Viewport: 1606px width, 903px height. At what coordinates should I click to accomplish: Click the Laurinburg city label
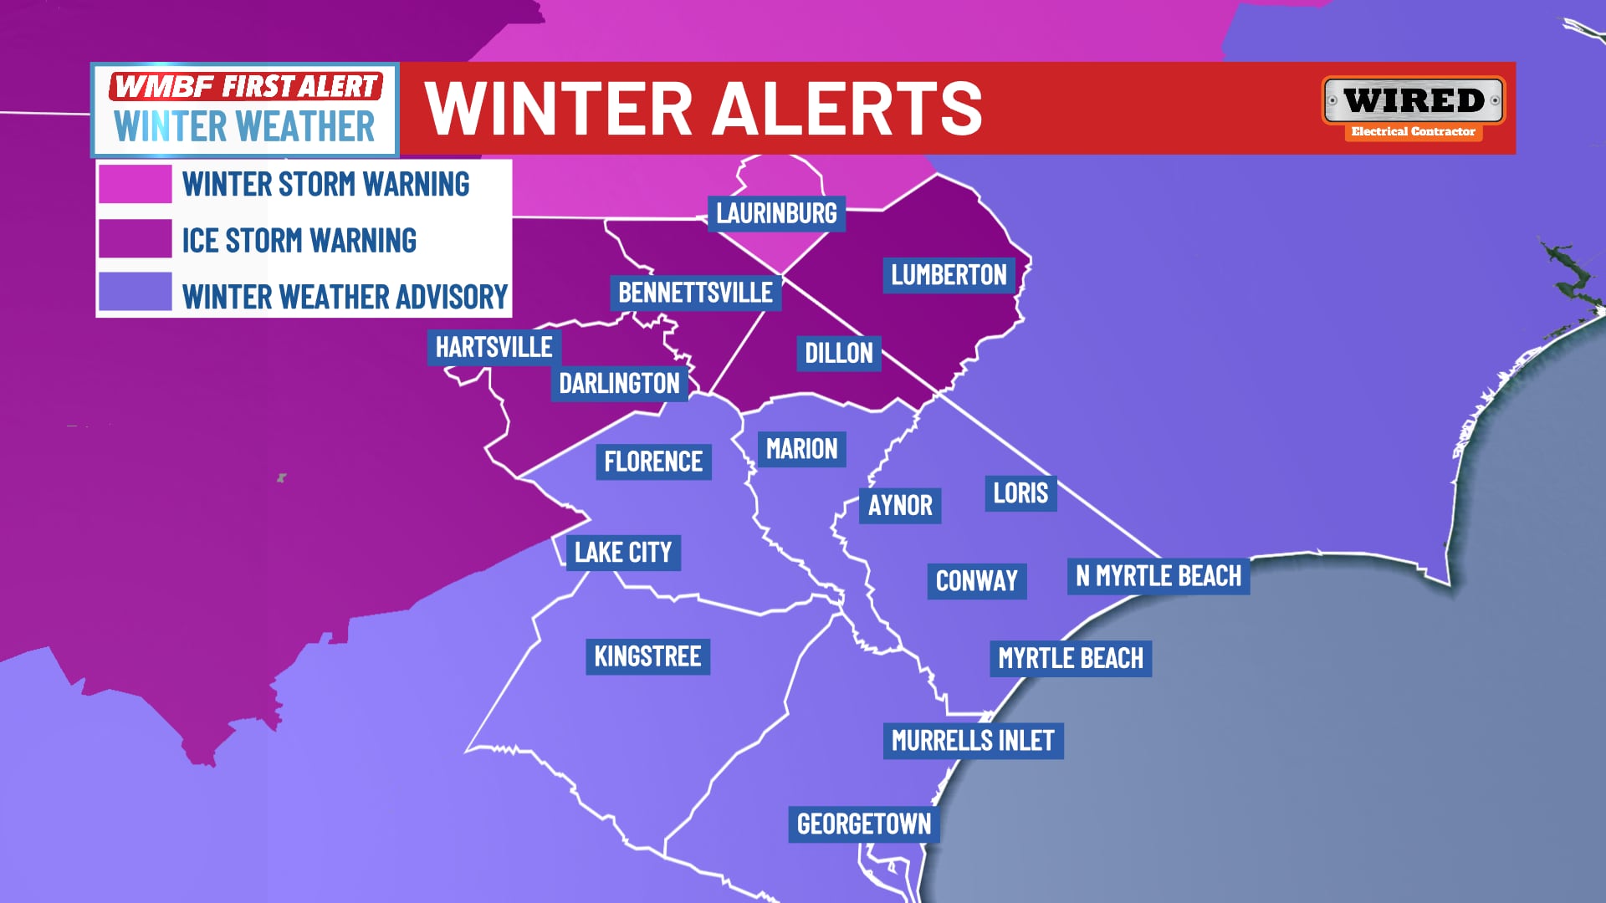point(776,214)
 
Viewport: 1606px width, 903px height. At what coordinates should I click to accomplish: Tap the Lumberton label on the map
point(949,275)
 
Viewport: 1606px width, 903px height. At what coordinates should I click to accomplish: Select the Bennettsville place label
point(695,293)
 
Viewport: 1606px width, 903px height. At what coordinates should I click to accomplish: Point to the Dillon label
point(838,353)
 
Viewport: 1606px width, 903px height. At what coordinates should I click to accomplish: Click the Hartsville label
point(494,347)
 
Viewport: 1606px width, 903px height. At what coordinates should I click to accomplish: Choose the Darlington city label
point(619,384)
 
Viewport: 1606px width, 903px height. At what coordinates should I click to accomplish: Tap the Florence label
point(653,462)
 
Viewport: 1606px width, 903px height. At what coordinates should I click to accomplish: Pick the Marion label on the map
point(801,449)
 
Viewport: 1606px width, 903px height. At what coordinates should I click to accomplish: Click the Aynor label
point(900,506)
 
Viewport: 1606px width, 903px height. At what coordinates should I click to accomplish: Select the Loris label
point(1020,493)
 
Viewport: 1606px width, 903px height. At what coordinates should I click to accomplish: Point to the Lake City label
point(623,553)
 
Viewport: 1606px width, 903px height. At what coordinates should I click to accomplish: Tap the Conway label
point(976,581)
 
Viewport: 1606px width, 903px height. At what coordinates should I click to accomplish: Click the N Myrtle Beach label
point(1158,576)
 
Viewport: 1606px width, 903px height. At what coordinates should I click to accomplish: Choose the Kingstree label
point(647,656)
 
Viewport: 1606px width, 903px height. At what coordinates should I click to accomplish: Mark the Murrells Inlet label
point(973,741)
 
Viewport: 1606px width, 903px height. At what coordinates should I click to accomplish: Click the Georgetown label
point(864,824)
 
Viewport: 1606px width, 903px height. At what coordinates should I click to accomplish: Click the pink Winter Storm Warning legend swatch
point(136,184)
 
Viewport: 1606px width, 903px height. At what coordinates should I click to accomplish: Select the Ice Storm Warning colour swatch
point(136,239)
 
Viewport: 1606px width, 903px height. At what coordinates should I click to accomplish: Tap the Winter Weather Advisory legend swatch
point(136,292)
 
